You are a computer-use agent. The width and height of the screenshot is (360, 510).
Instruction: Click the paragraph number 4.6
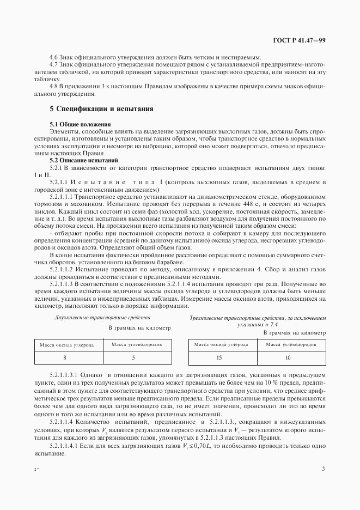[x=54, y=58]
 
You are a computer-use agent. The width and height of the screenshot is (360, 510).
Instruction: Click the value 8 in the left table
[x=65, y=357]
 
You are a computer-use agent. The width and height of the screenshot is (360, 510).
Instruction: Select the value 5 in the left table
[x=133, y=357]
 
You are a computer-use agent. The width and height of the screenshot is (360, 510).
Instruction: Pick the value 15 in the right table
[x=218, y=357]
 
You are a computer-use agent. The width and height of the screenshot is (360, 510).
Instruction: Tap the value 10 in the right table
[x=287, y=357]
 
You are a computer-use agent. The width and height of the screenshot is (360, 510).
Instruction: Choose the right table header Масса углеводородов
[x=287, y=344]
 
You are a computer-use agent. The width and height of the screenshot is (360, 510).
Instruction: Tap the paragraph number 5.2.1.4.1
[x=65, y=445]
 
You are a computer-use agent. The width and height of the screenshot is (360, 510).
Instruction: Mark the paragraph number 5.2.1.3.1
[x=65, y=375]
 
